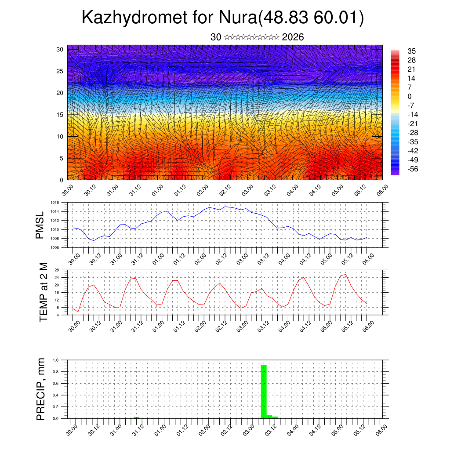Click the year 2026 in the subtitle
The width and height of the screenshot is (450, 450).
tap(293, 37)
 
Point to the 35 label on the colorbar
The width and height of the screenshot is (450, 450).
tap(412, 51)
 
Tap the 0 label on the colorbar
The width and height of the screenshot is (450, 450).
tap(410, 96)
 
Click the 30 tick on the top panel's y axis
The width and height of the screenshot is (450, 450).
tap(60, 49)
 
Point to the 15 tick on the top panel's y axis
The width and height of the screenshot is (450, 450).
tap(60, 115)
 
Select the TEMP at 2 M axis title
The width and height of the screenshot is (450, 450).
tap(43, 292)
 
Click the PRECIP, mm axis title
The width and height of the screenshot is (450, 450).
tap(40, 389)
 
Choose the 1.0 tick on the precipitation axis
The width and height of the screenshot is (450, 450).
tap(56, 360)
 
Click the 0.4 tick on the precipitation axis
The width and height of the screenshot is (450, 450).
tap(56, 395)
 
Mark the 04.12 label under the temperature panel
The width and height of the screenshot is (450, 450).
tap(305, 326)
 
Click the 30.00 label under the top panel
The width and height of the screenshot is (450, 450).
tap(68, 191)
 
